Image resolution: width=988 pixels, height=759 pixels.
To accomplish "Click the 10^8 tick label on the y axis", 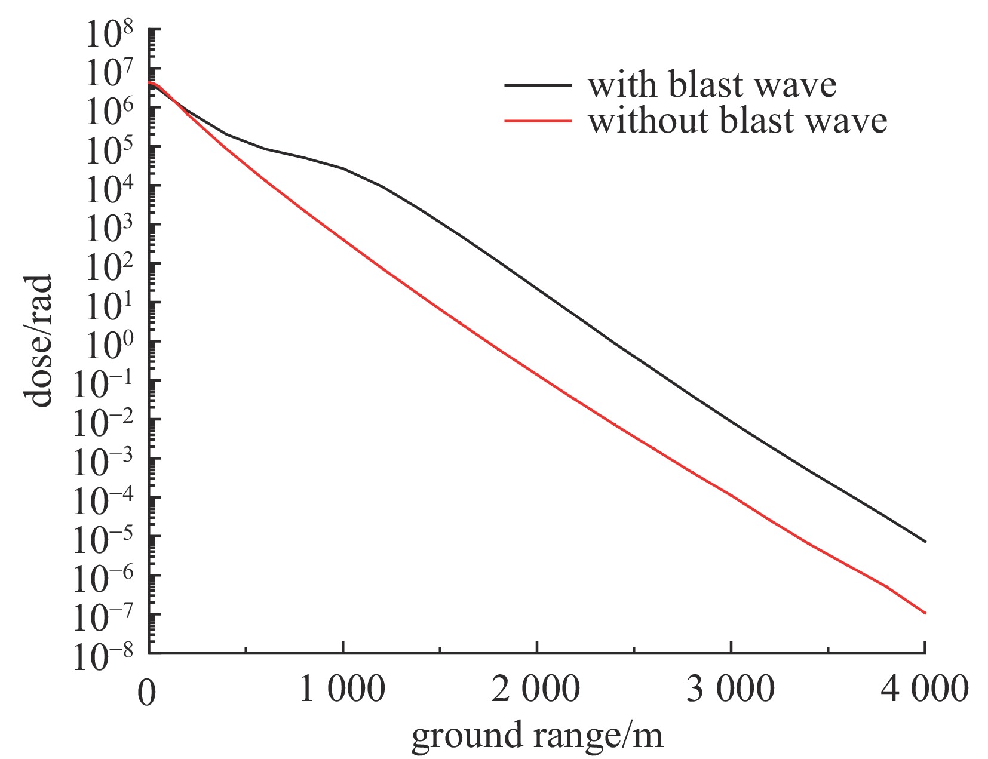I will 110,36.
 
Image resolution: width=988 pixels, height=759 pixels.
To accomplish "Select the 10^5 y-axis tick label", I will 110,153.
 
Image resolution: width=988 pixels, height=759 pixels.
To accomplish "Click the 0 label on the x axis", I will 147,693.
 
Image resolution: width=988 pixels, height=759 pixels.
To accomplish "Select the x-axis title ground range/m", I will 536,736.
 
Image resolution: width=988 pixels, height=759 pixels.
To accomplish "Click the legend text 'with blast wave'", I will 712,85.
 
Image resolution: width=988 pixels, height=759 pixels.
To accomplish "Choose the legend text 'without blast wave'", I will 737,121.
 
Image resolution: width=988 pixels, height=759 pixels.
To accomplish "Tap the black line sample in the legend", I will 538,85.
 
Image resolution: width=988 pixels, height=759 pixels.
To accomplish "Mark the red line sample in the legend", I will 538,121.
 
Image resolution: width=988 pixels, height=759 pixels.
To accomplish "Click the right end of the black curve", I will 925,542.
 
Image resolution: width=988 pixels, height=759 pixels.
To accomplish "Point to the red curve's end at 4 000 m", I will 925,613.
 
